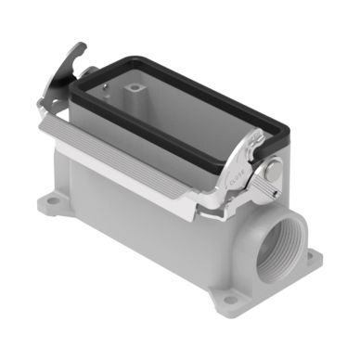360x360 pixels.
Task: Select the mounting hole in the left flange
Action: click(55, 201)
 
